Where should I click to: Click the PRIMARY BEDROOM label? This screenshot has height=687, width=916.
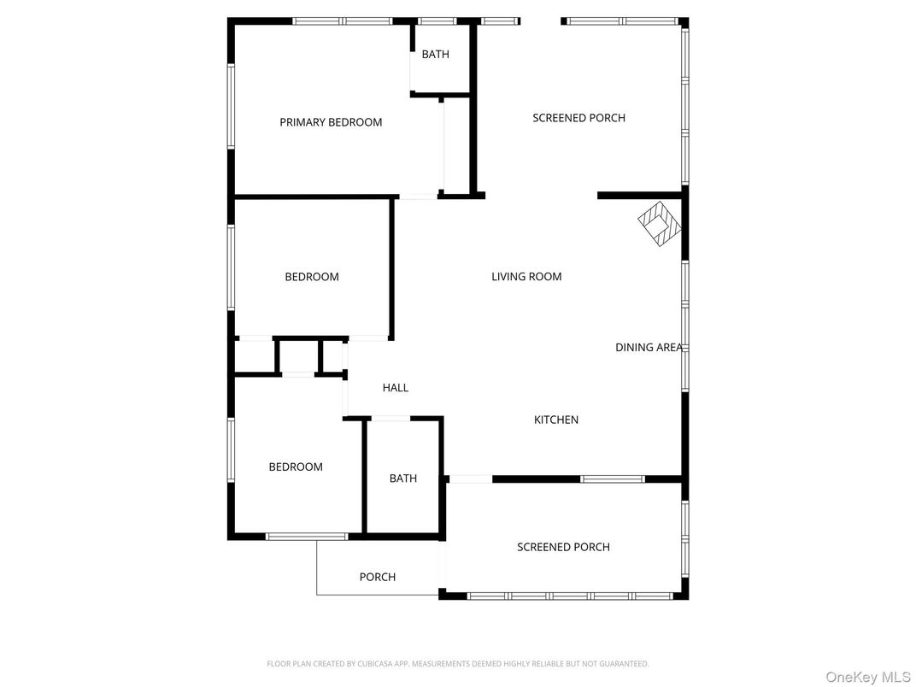pos(331,122)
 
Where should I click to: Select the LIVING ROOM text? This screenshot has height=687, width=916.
pos(526,276)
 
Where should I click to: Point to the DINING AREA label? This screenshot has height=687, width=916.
pos(649,347)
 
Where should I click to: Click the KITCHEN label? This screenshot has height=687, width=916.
pos(556,420)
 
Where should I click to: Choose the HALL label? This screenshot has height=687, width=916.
pos(396,387)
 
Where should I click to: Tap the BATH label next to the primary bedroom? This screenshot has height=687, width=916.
pos(436,55)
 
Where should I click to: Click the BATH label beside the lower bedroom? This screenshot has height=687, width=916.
pos(403,479)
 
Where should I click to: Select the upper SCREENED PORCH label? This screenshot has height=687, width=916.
pos(579,118)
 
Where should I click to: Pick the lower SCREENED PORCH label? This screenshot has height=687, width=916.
pos(563,548)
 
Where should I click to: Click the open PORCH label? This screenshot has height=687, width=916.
pos(378,577)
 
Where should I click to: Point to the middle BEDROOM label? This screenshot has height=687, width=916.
pos(312,277)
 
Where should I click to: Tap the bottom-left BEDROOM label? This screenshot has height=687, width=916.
pos(296,467)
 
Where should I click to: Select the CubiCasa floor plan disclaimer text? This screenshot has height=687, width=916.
pos(458,664)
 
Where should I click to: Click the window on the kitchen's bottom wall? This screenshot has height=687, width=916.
pos(613,479)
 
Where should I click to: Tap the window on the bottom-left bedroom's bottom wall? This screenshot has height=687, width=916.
pos(307,537)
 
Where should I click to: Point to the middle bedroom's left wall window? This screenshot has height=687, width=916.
pos(231,267)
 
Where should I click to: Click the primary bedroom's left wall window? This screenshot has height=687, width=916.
pos(231,106)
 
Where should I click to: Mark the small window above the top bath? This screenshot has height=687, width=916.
pos(437,21)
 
